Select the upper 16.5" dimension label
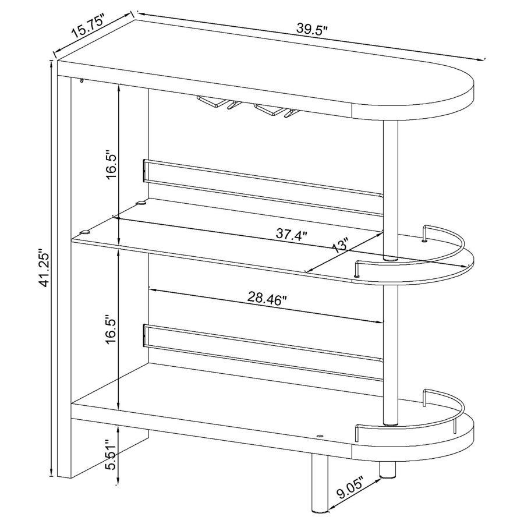click(112, 166)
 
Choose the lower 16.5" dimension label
click(112, 330)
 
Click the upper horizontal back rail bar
click(262, 184)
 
